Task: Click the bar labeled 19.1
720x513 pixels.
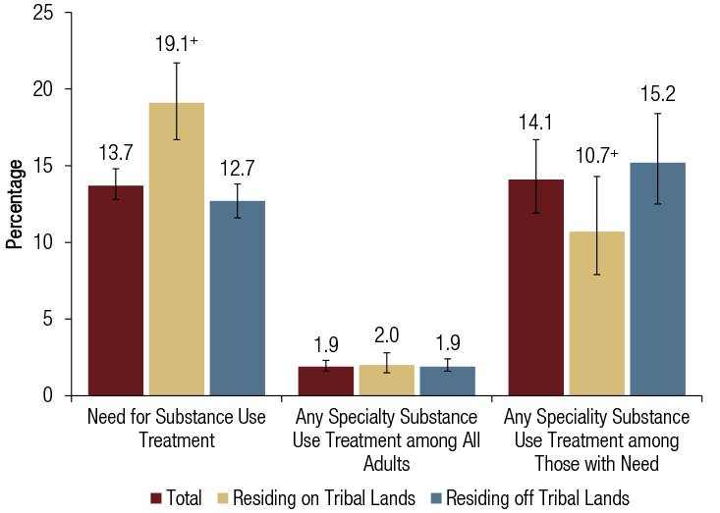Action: [177, 249]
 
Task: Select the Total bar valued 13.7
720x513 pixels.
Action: [116, 290]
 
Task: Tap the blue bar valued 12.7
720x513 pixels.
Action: [237, 298]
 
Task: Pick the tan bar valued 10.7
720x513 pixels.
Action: [595, 314]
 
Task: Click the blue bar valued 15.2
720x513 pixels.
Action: [657, 280]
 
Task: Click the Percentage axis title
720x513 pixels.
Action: [15, 205]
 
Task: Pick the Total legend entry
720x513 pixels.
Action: [180, 497]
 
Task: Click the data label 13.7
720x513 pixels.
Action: [116, 153]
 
